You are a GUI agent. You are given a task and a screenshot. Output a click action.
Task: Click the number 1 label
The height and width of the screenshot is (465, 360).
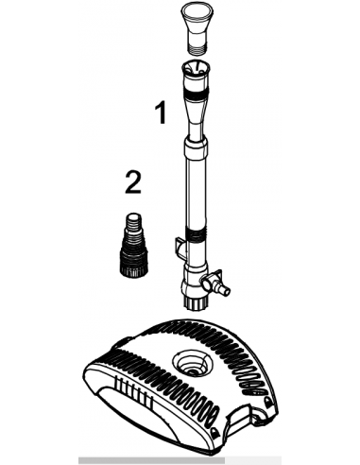coord(162,113)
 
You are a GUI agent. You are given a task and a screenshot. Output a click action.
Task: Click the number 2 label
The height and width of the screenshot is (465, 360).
coord(133,181)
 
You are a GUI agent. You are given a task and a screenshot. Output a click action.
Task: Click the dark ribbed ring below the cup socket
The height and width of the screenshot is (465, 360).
coord(196,93)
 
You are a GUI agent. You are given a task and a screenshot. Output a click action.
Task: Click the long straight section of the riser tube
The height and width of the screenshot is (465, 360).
coord(196,192)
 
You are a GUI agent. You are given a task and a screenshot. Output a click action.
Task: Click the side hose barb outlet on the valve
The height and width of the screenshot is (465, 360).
coord(223,289)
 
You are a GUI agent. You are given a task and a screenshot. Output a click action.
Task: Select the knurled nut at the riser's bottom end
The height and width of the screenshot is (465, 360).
coord(196,302)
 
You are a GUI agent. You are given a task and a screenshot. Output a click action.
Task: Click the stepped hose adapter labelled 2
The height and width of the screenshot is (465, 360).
coord(133,246)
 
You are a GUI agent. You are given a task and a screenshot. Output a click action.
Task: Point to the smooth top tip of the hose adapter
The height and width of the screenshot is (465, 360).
coord(133,218)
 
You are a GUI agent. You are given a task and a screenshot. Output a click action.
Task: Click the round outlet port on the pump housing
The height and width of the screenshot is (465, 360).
coord(192,365)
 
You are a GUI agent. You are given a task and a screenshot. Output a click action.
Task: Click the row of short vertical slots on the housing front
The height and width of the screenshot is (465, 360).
coord(134,389)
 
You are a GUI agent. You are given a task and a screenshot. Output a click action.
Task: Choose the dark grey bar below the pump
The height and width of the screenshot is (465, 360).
coord(151,460)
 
